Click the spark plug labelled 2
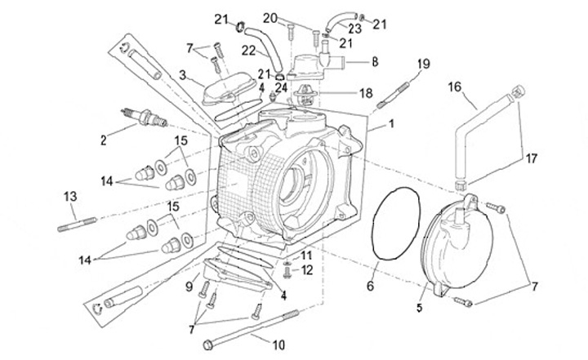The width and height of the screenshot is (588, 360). (x=144, y=117)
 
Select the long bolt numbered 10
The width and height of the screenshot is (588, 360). (x=251, y=330)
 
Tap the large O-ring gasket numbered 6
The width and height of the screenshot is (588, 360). (x=395, y=224)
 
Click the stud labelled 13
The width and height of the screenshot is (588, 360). (x=77, y=224)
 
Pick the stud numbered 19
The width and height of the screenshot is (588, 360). (x=392, y=94)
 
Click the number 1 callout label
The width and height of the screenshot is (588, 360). (x=391, y=123)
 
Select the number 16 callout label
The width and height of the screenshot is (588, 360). (x=455, y=87)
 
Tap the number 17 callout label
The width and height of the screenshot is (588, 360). (x=531, y=158)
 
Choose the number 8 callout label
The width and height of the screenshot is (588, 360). (x=374, y=62)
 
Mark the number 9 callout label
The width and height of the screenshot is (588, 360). (x=189, y=287)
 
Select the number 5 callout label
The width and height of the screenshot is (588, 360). (x=419, y=308)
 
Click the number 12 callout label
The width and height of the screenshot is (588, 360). (x=307, y=270)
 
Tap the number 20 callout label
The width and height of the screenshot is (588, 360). (x=270, y=18)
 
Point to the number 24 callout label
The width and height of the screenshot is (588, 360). (x=281, y=87)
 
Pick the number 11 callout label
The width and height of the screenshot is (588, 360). (x=306, y=256)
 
